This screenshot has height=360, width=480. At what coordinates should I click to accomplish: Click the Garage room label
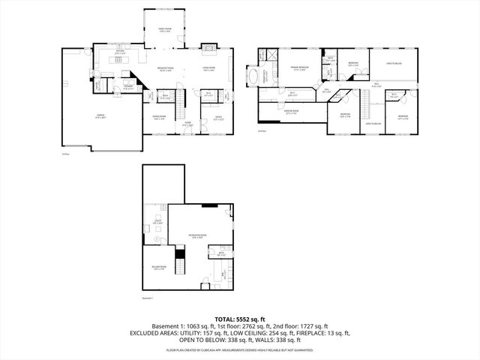[x=100, y=116]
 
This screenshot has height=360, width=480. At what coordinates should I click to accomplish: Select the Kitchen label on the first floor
[x=119, y=52]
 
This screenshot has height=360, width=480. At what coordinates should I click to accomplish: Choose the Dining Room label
[x=159, y=117]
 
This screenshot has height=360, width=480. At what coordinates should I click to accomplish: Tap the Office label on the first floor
[x=217, y=117]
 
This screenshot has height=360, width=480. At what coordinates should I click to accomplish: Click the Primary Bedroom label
[x=301, y=68]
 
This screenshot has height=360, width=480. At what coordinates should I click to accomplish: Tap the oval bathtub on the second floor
[x=265, y=76]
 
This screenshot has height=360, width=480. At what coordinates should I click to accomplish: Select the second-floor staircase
[x=366, y=106]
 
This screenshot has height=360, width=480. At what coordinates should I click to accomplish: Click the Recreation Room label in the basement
[x=196, y=236]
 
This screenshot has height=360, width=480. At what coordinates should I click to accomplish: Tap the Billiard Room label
[x=157, y=268]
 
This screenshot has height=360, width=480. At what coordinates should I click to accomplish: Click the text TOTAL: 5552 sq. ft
[x=239, y=319]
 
